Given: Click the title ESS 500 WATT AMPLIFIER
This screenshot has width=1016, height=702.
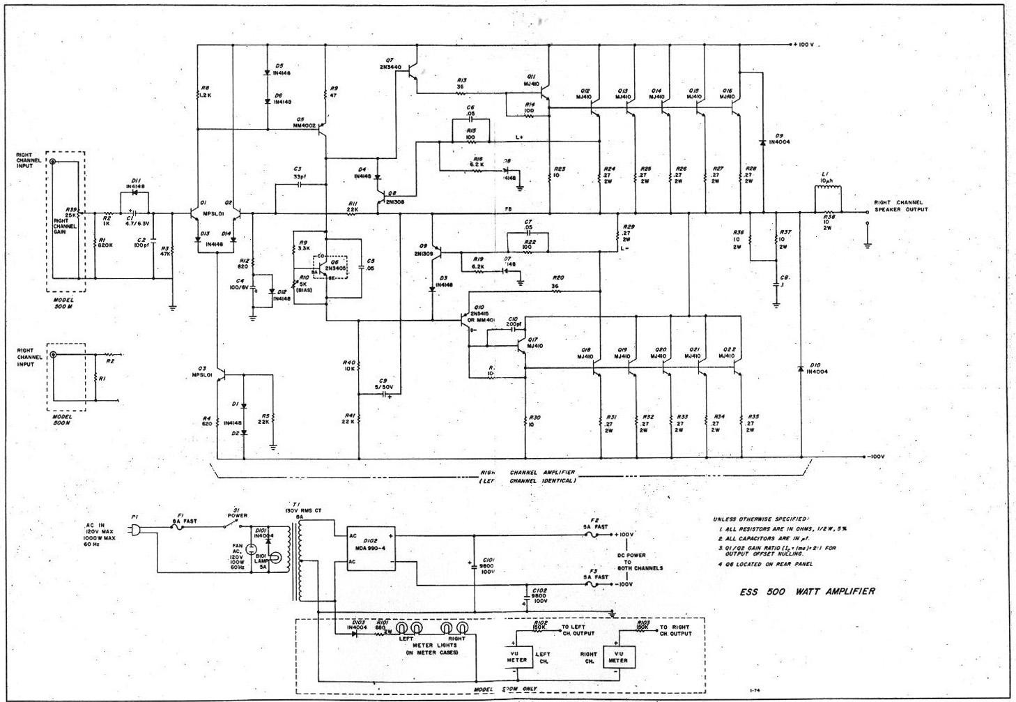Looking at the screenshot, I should point(807,591).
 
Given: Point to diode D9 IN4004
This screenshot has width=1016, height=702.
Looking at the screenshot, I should point(764,142).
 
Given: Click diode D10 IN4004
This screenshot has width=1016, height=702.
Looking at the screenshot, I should point(801,368).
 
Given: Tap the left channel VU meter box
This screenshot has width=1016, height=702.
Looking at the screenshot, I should point(516,656).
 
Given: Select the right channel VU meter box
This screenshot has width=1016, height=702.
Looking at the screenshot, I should point(617,656).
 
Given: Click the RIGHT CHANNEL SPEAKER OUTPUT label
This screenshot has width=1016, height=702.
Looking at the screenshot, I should point(900,206).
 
